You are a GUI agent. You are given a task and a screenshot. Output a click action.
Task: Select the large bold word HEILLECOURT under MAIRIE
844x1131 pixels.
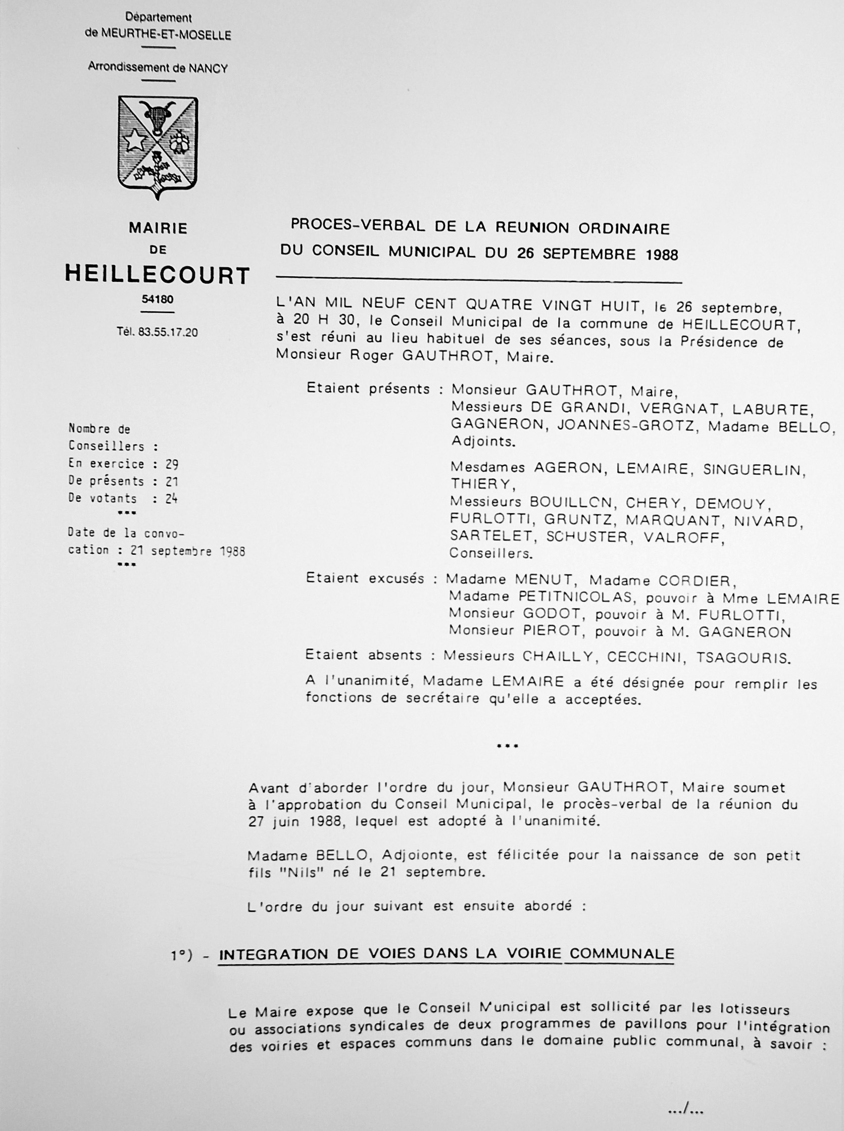coord(158,275)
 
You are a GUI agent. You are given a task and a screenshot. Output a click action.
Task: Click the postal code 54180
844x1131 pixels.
coord(158,300)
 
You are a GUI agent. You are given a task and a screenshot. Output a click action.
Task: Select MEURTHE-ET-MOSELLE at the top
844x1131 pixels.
coord(166,35)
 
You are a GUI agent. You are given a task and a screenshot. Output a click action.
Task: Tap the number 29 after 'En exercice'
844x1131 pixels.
coord(171,464)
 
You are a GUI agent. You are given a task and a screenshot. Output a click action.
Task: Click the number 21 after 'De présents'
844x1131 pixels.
coord(171,481)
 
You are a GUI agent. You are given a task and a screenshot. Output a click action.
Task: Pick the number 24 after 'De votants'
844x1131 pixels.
coord(171,499)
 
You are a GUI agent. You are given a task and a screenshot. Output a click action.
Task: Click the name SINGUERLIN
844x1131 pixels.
coord(754,469)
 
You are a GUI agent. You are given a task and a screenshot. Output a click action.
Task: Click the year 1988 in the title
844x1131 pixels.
coord(662,254)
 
